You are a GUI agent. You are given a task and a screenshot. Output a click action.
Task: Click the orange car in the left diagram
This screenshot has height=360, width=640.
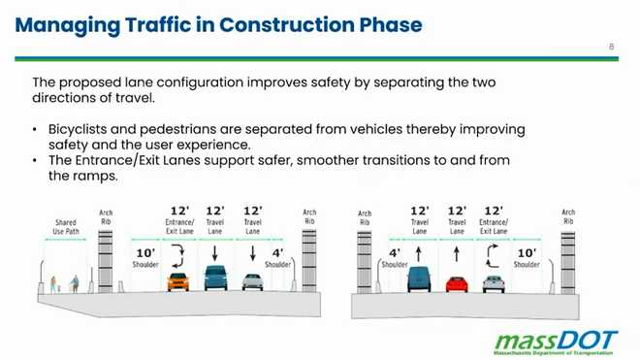(x=177, y=282)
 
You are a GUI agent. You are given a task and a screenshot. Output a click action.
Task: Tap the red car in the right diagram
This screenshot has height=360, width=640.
(x=457, y=283)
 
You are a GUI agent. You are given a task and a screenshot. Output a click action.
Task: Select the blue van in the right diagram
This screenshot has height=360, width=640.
(x=419, y=281)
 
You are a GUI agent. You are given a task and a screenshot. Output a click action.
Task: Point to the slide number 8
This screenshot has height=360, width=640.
(x=611, y=47)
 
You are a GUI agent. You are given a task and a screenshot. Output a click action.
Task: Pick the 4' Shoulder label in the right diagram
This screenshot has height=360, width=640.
(x=394, y=257)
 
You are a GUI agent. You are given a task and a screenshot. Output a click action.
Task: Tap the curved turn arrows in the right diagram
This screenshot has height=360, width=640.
(x=493, y=256)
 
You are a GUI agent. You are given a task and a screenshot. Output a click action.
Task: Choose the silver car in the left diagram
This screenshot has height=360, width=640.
(x=252, y=282)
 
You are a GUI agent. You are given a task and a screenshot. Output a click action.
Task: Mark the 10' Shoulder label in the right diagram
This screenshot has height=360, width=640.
(x=527, y=257)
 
